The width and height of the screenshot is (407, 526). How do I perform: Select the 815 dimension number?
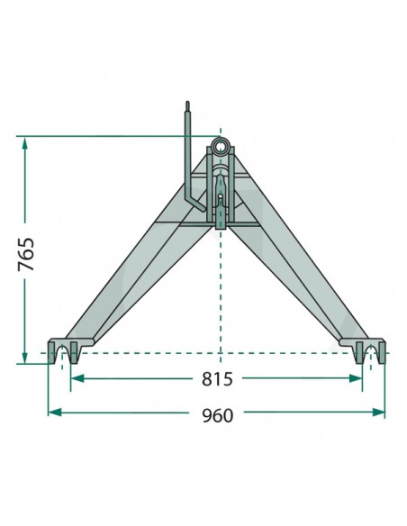tap(217, 379)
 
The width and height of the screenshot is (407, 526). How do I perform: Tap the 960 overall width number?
tap(217, 414)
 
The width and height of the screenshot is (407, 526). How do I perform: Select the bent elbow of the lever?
tap(190, 200)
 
